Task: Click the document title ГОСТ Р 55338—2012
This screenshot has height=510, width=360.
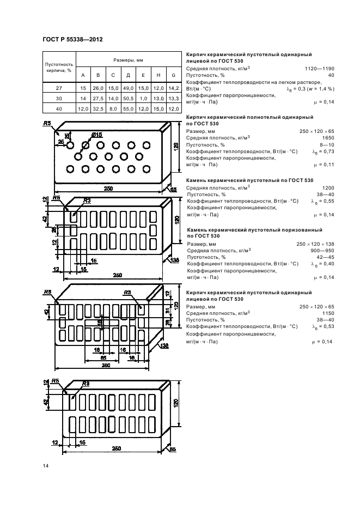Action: pyautogui.click(x=72, y=39)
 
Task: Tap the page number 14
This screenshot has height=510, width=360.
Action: pyautogui.click(x=45, y=465)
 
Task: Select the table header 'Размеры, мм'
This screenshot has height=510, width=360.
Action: pyautogui.click(x=128, y=60)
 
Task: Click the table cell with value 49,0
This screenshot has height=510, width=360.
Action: pyautogui.click(x=128, y=87)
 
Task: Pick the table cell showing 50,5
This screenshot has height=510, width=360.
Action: pyautogui.click(x=128, y=98)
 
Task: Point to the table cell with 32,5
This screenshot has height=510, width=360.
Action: pyautogui.click(x=98, y=109)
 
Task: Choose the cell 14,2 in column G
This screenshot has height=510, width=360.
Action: pyautogui.click(x=173, y=87)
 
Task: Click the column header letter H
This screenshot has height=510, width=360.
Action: pyautogui.click(x=158, y=75)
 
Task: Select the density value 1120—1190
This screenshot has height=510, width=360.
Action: pyautogui.click(x=320, y=69)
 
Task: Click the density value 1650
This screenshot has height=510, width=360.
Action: pyautogui.click(x=328, y=138)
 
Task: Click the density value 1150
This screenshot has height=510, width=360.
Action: pyautogui.click(x=328, y=313)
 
